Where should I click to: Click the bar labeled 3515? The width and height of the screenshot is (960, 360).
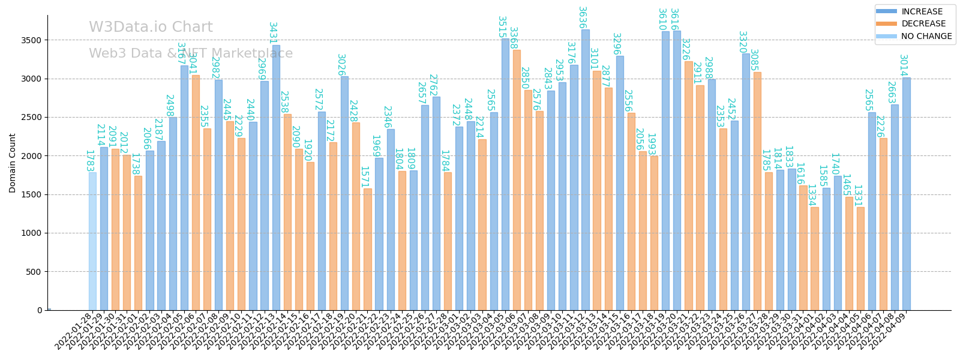point(505,174)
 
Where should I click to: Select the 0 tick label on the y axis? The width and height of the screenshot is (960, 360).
point(40,310)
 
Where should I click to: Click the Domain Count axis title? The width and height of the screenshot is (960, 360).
point(13,163)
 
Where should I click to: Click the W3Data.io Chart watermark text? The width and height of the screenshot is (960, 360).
point(151,28)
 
